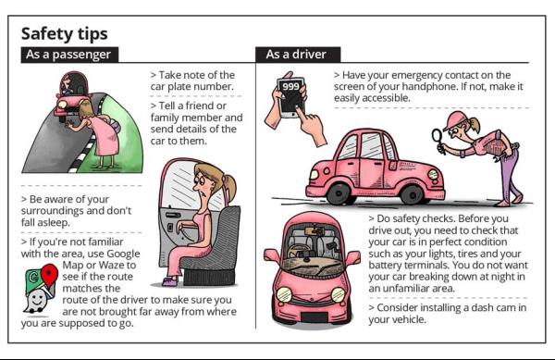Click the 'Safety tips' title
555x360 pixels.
pos(64,34)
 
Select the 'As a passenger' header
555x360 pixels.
pos(68,55)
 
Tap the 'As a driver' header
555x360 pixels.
pos(296,55)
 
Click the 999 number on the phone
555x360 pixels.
pos(290,86)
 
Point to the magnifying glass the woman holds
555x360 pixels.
pos(438,139)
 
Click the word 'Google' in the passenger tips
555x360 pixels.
pos(123,254)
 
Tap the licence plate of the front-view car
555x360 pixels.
pos(314,317)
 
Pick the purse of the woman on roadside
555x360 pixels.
pos(116,125)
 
